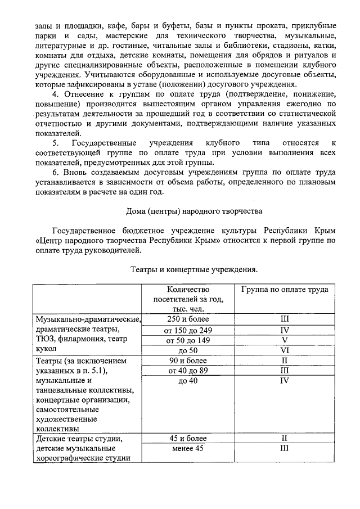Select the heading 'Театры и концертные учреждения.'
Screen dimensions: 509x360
tap(194, 270)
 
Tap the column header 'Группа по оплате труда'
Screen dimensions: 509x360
tap(285, 289)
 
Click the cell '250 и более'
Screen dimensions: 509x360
tap(188, 319)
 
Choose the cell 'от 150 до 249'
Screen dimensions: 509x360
tap(188, 330)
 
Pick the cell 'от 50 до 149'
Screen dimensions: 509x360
tap(188, 340)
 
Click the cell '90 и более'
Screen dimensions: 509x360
tap(188, 360)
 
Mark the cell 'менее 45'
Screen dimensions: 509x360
tap(188, 448)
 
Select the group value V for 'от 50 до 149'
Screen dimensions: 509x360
tap(285, 340)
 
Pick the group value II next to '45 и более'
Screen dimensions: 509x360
tap(285, 438)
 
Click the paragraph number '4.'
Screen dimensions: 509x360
tap(55, 93)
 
